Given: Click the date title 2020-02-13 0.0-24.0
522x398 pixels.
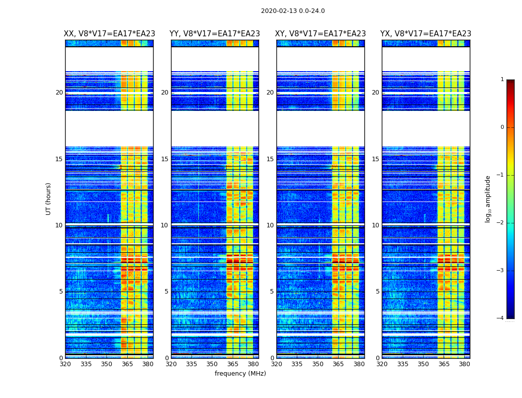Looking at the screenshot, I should pyautogui.click(x=293, y=11).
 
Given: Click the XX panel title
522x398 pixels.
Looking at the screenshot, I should pyautogui.click(x=109, y=34).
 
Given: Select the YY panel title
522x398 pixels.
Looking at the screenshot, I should pyautogui.click(x=215, y=34).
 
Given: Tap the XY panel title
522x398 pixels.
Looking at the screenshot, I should pyautogui.click(x=321, y=34).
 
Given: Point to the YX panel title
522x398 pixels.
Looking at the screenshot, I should pyautogui.click(x=426, y=34).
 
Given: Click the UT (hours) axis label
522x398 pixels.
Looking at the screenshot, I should pyautogui.click(x=49, y=199).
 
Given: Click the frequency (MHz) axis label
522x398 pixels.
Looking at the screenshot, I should pyautogui.click(x=240, y=374).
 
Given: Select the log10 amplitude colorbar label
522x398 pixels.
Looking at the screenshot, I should pyautogui.click(x=488, y=199).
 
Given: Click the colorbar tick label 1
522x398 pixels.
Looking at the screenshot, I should pyautogui.click(x=502, y=80).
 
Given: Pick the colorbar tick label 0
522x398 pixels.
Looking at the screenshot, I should pyautogui.click(x=502, y=127).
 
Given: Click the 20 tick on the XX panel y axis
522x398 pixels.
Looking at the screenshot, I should pyautogui.click(x=59, y=93).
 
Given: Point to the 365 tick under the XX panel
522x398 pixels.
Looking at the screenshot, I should pyautogui.click(x=127, y=364).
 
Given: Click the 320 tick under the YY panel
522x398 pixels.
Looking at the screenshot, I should pyautogui.click(x=171, y=364).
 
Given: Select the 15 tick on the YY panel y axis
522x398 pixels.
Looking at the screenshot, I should pyautogui.click(x=165, y=159).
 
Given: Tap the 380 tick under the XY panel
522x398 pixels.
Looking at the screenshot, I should pyautogui.click(x=359, y=364).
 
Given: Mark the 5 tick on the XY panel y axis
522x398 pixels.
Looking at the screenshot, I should pyautogui.click(x=272, y=292).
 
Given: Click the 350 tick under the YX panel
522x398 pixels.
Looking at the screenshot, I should pyautogui.click(x=423, y=364).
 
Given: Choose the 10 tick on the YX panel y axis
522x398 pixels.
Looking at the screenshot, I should pyautogui.click(x=375, y=225).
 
